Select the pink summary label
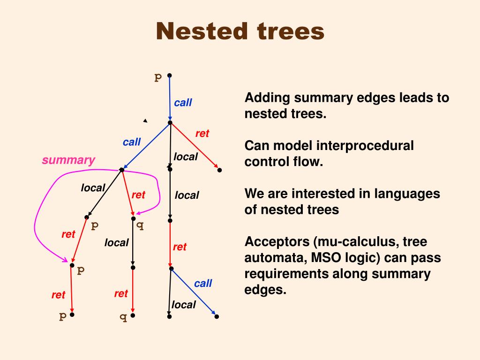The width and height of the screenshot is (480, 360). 68,160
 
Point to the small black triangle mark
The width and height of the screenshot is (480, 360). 145,121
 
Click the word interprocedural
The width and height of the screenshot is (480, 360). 365,146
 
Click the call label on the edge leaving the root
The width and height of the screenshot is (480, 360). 183,103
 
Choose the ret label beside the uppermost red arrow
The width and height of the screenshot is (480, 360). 202,134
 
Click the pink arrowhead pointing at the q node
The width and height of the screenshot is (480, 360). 138,213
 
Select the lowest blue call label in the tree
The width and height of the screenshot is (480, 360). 203,283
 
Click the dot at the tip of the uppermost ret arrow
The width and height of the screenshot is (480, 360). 219,170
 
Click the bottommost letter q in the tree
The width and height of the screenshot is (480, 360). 123,317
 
